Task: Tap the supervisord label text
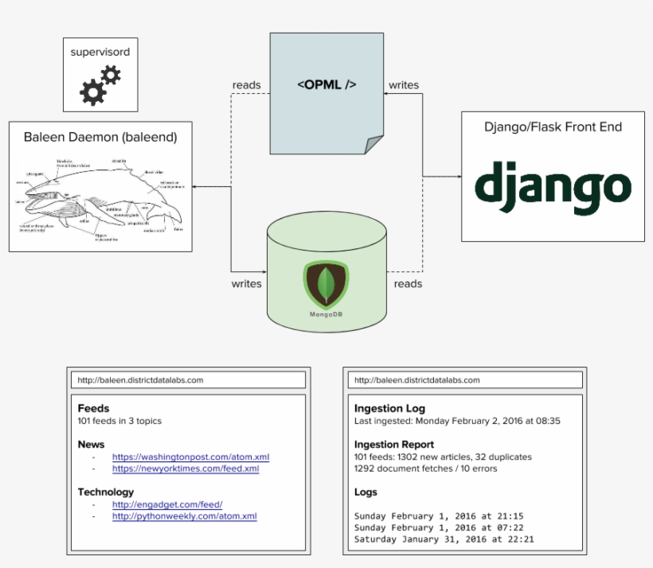(x=100, y=53)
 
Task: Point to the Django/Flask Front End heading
(x=553, y=127)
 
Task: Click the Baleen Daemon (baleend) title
(x=100, y=137)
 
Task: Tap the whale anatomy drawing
(x=100, y=198)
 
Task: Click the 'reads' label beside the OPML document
(x=246, y=85)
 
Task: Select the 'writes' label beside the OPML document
(x=404, y=85)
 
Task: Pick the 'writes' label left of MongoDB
(x=247, y=283)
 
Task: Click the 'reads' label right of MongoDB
(x=408, y=283)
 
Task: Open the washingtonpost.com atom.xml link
(x=190, y=457)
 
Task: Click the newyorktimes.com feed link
(x=186, y=469)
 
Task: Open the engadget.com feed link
(x=167, y=504)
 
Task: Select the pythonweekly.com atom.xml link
(x=184, y=516)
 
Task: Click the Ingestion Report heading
(x=394, y=445)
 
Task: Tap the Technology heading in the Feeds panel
(x=106, y=492)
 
